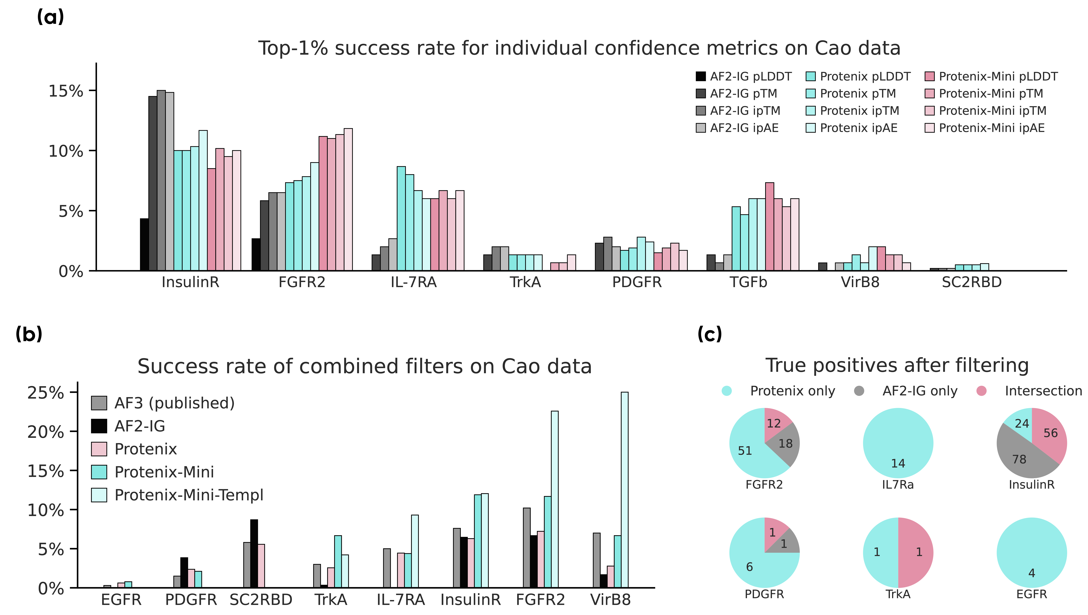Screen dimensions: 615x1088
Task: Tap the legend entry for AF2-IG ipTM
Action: click(x=738, y=111)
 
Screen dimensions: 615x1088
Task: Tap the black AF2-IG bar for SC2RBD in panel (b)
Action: click(x=254, y=553)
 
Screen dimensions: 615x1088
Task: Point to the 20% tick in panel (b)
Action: click(x=46, y=432)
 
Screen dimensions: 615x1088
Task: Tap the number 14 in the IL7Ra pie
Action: click(x=898, y=463)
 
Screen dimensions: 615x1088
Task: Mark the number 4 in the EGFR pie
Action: click(x=1031, y=573)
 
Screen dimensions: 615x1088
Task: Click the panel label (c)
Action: click(x=710, y=334)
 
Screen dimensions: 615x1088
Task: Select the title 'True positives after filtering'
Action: click(x=897, y=365)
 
